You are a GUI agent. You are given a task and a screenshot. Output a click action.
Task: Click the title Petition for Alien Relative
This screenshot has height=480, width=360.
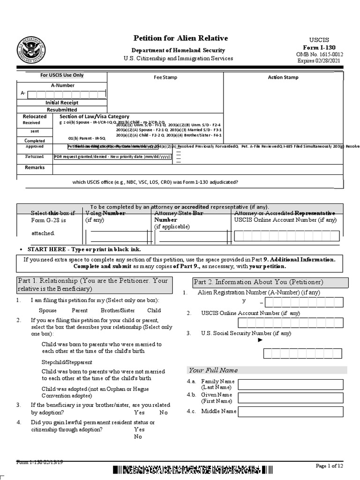180,38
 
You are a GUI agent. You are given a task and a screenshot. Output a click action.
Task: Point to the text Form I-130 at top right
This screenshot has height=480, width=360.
319,48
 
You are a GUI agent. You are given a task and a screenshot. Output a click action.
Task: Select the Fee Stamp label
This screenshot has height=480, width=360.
165,77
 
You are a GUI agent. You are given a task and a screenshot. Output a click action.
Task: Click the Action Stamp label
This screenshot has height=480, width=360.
283,77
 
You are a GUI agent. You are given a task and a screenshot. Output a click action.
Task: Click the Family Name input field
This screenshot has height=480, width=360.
291,385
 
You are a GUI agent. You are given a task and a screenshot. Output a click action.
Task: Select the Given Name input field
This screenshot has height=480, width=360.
291,398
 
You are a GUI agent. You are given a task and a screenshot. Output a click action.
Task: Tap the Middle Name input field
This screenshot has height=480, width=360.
291,412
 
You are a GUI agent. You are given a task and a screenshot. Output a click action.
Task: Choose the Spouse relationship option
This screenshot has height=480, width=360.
48,310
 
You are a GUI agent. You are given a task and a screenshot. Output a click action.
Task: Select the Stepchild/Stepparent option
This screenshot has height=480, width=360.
67,362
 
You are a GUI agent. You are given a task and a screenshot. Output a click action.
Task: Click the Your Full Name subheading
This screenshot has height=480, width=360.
213,370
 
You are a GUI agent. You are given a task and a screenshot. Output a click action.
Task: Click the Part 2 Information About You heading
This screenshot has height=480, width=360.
270,282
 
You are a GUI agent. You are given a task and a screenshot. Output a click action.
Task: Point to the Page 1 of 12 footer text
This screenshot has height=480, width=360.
330,465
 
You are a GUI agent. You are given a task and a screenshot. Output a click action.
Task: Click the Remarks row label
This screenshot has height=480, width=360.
35,167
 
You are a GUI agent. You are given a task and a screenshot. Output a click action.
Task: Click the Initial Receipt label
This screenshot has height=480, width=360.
62,102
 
